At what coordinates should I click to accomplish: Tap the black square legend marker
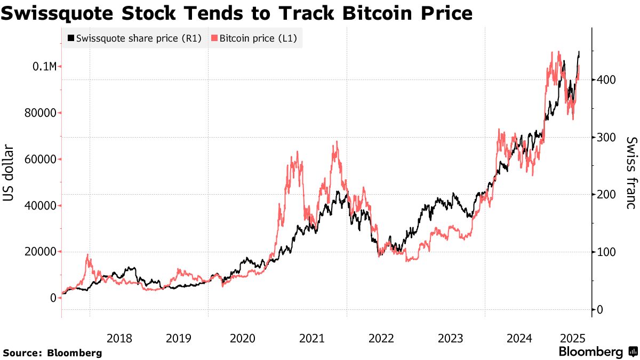[x=70, y=38]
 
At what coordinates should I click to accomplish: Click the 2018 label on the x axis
[x=119, y=338]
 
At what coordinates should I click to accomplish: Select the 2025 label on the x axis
[x=573, y=338]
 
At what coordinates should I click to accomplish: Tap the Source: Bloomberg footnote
[x=52, y=353]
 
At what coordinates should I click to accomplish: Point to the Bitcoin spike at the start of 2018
[x=88, y=255]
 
